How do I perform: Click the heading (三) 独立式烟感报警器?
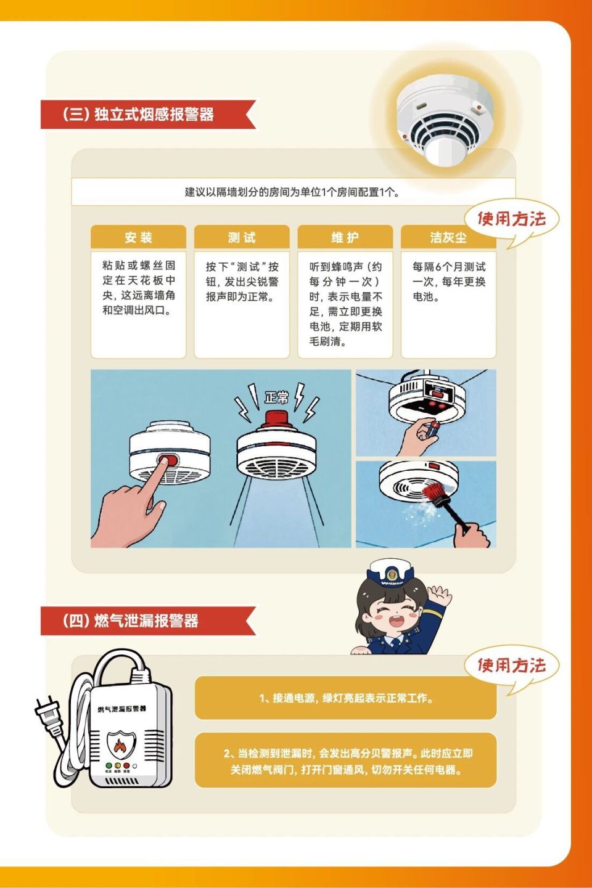click(x=138, y=115)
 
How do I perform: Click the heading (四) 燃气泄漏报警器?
click(x=131, y=621)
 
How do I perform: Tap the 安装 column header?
click(x=138, y=237)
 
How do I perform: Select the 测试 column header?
click(x=242, y=237)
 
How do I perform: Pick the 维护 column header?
click(x=345, y=237)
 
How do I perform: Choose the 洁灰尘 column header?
click(x=448, y=237)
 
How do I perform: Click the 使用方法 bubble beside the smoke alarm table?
click(x=511, y=219)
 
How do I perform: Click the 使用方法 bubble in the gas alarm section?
click(x=511, y=666)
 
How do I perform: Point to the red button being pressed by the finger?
click(x=168, y=460)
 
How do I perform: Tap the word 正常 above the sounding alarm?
click(x=276, y=397)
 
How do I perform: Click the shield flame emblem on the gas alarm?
click(x=118, y=746)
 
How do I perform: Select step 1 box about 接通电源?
click(x=345, y=698)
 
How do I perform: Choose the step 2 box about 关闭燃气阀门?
click(x=345, y=761)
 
